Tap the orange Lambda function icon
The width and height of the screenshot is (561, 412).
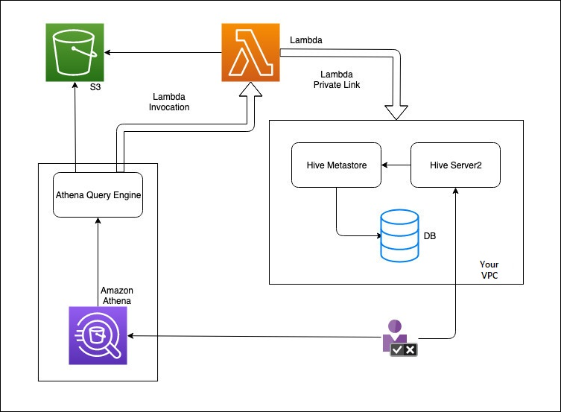pyautogui.click(x=250, y=52)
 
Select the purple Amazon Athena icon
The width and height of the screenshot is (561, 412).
pyautogui.click(x=98, y=335)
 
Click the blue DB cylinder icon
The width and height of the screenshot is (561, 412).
pyautogui.click(x=399, y=236)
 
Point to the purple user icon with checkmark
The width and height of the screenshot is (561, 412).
pyautogui.click(x=399, y=338)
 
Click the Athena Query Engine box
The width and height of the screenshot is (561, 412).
pyautogui.click(x=98, y=195)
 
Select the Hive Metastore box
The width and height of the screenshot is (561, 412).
pyautogui.click(x=335, y=165)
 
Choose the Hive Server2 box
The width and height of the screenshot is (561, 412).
pyautogui.click(x=455, y=165)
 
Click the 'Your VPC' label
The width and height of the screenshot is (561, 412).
pyautogui.click(x=489, y=270)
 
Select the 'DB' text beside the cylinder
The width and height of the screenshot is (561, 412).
pyautogui.click(x=430, y=236)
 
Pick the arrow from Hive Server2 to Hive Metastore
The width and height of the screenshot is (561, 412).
pyautogui.click(x=396, y=165)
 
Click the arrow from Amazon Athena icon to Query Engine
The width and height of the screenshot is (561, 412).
pyautogui.click(x=98, y=261)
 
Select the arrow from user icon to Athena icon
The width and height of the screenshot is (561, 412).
pyautogui.click(x=253, y=337)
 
